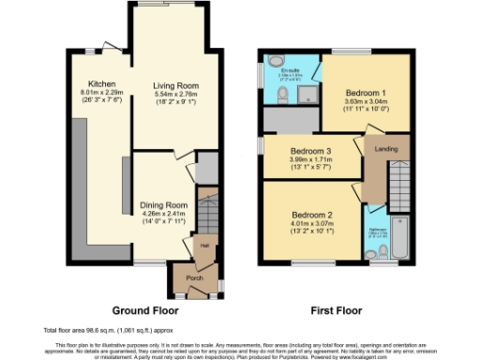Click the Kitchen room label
coord(101,82)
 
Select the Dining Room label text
coord(164,204)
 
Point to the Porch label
coord(196,277)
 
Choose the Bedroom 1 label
coord(361,95)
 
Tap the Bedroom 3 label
coord(311,151)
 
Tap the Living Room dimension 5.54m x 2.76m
coord(176,100)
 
